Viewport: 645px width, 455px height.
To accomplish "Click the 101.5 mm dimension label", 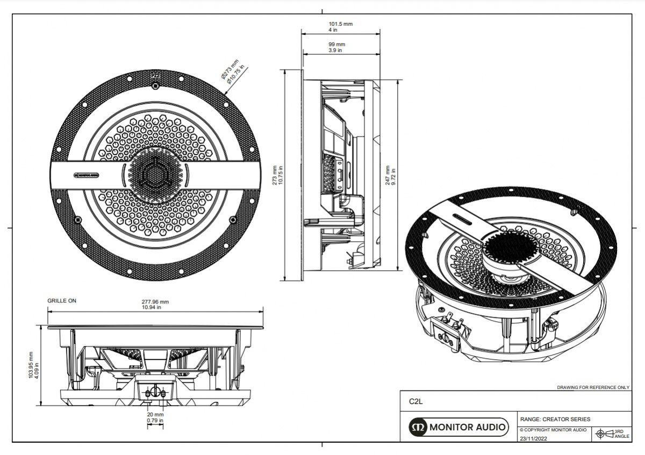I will tap(340, 24).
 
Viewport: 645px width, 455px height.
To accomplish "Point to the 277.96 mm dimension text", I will tap(155, 302).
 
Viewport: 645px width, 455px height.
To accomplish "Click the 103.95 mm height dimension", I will tap(31, 365).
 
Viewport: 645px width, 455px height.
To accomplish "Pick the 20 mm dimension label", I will tap(155, 415).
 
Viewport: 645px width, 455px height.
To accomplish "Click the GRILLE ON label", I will tap(62, 301).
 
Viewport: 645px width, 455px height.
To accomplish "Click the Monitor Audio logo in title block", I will tap(458, 427).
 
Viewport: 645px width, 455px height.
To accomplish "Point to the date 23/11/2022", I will tap(534, 438).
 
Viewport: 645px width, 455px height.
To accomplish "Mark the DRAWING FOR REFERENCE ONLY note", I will tap(593, 387).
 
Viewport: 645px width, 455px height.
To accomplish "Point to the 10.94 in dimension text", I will tap(155, 307).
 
